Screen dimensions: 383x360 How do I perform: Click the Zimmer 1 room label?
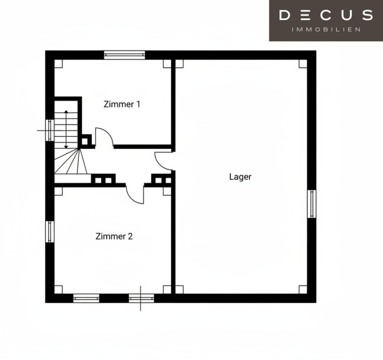[x=122, y=104]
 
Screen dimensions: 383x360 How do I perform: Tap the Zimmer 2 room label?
[x=114, y=236]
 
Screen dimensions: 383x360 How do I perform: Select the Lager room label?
[x=240, y=177]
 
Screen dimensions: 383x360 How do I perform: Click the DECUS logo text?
[x=326, y=15]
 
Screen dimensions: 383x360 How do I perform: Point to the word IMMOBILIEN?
[x=326, y=29]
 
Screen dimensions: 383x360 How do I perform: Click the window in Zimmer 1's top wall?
[x=124, y=55]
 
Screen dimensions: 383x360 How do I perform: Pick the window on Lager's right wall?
[x=311, y=204]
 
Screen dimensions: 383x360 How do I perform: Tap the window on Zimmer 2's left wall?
[x=50, y=232]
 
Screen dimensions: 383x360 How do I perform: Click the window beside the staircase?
[x=50, y=130]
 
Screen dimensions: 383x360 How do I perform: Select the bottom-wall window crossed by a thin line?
[x=141, y=298]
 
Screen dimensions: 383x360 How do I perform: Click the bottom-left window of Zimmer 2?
[x=86, y=298]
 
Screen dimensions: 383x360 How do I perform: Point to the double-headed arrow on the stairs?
[x=66, y=129]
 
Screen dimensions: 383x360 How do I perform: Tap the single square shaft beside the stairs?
[x=85, y=141]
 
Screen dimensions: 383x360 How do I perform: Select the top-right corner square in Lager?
[x=303, y=64]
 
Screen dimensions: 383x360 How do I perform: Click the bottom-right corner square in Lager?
[x=303, y=289]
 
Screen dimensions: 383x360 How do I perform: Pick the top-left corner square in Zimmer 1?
[x=58, y=64]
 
